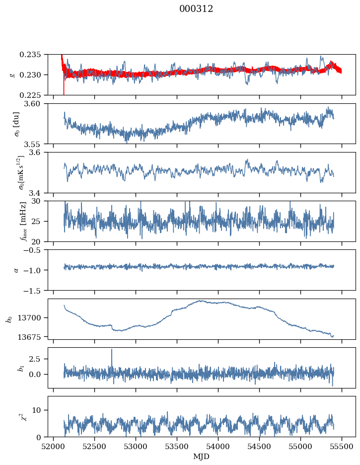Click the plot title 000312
pyautogui.click(x=196, y=9)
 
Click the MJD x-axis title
pyautogui.click(x=202, y=456)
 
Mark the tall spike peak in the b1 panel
pyautogui.click(x=112, y=349)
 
